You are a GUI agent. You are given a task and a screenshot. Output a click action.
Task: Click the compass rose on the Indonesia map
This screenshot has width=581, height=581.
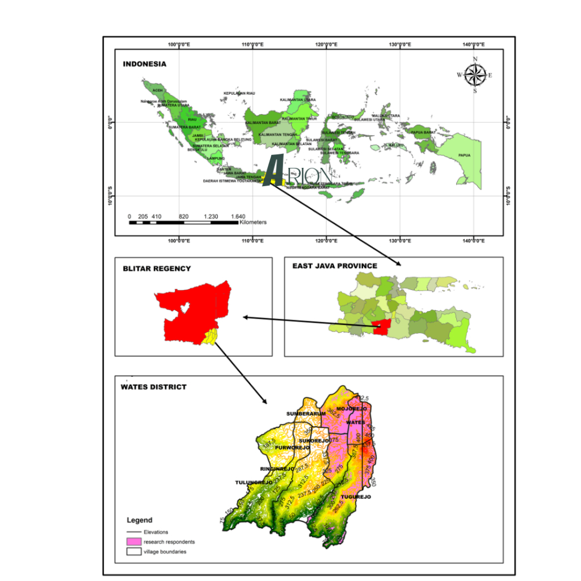tap(475, 75)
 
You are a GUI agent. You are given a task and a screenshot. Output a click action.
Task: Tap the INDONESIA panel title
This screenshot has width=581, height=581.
tap(145, 64)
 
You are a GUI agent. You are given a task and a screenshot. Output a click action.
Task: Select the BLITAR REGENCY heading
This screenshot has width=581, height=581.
tap(157, 268)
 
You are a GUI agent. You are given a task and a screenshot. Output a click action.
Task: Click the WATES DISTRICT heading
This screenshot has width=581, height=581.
tap(153, 387)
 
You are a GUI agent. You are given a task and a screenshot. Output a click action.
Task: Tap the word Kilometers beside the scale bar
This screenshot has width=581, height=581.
tap(253, 222)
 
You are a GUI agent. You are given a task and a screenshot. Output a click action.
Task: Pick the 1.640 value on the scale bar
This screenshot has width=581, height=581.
tap(238, 217)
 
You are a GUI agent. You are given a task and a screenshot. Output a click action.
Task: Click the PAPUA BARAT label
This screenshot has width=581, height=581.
tap(423, 132)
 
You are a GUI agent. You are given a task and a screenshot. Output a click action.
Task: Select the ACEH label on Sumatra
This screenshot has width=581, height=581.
tap(158, 90)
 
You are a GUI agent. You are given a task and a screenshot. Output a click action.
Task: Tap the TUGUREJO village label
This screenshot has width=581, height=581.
tap(356, 496)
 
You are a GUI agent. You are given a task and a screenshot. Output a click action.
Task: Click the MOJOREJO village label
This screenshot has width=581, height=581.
tap(352, 409)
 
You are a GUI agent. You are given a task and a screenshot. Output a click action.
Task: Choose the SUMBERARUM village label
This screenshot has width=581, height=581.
tap(306, 414)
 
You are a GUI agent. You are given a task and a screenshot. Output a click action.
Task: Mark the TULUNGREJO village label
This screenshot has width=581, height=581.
tap(254, 482)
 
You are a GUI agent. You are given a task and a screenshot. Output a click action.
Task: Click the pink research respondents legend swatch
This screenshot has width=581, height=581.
tap(133, 542)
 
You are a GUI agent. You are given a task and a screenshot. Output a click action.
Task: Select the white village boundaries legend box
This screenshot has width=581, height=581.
tap(133, 551)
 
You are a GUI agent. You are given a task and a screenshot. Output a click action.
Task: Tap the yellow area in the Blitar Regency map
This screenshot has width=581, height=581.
tap(210, 337)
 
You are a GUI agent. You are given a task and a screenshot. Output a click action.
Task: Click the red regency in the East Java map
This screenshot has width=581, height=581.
tap(381, 326)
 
